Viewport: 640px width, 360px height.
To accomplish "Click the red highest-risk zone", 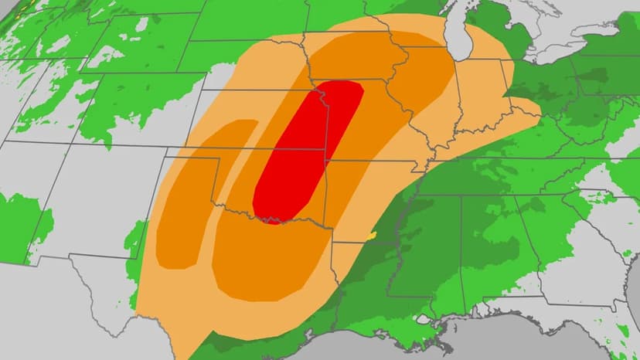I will pyautogui.click(x=305, y=151).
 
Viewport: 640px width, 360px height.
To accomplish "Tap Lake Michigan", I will pyautogui.click(x=463, y=31).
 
